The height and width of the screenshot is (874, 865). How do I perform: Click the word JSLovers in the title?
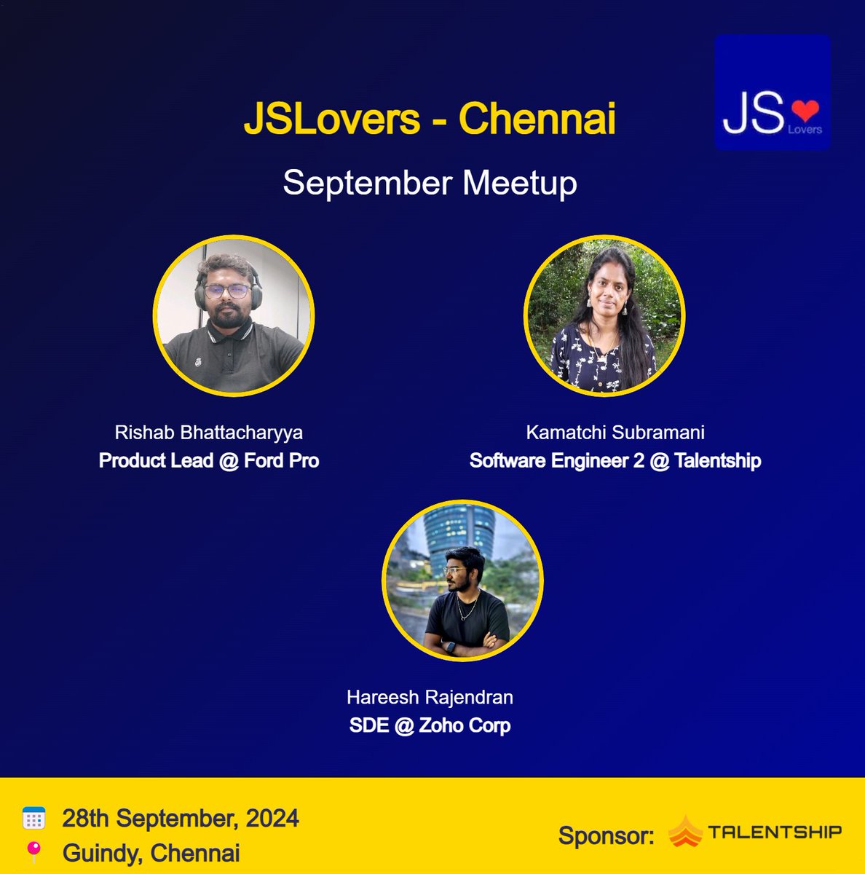(x=331, y=119)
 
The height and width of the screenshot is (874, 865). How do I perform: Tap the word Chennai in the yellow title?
(x=537, y=119)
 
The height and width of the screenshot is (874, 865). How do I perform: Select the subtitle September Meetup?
(x=430, y=182)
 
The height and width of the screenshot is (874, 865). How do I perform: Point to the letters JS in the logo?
(x=754, y=114)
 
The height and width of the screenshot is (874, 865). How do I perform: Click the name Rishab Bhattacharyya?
(x=209, y=433)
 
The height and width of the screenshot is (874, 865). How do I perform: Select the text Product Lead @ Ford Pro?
(x=209, y=461)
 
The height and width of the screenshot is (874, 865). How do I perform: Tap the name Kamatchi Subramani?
(x=615, y=433)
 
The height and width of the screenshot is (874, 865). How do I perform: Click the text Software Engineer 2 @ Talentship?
(x=615, y=461)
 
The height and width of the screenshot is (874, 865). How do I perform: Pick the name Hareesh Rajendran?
(x=430, y=698)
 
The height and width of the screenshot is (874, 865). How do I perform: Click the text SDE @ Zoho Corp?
(x=430, y=726)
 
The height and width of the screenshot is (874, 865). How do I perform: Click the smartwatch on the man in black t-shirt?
(x=451, y=647)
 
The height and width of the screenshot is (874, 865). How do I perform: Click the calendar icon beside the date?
(x=33, y=819)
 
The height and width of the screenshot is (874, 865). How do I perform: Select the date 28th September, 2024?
(x=181, y=819)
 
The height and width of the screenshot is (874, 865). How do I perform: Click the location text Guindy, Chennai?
(x=151, y=853)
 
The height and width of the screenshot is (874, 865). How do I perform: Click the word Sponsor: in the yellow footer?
(x=606, y=836)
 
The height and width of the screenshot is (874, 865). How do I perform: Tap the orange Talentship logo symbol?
(x=684, y=832)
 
